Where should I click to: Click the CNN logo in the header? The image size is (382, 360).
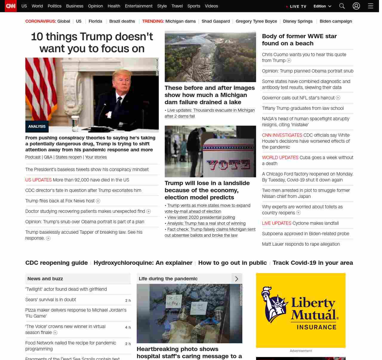11,6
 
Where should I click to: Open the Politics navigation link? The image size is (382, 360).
54,6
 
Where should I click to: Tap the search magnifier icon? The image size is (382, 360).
342,6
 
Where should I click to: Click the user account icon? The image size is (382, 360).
356,6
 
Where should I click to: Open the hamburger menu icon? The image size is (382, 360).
371,6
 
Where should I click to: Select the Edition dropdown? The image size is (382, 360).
322,6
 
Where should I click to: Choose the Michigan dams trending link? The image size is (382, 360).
181,21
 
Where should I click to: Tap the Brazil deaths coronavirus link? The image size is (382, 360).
122,21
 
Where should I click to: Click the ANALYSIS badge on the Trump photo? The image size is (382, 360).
37,127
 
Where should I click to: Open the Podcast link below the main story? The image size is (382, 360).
33,157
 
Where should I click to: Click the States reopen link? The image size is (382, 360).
69,157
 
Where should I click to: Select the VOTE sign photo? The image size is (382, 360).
210,151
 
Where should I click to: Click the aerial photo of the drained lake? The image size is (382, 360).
210,56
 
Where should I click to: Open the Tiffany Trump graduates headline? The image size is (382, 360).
303,108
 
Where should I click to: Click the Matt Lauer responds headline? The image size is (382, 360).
301,244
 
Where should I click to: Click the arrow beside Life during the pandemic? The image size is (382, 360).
237,279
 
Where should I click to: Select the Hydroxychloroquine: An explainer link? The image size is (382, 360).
143,263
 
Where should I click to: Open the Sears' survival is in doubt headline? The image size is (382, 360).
51,300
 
